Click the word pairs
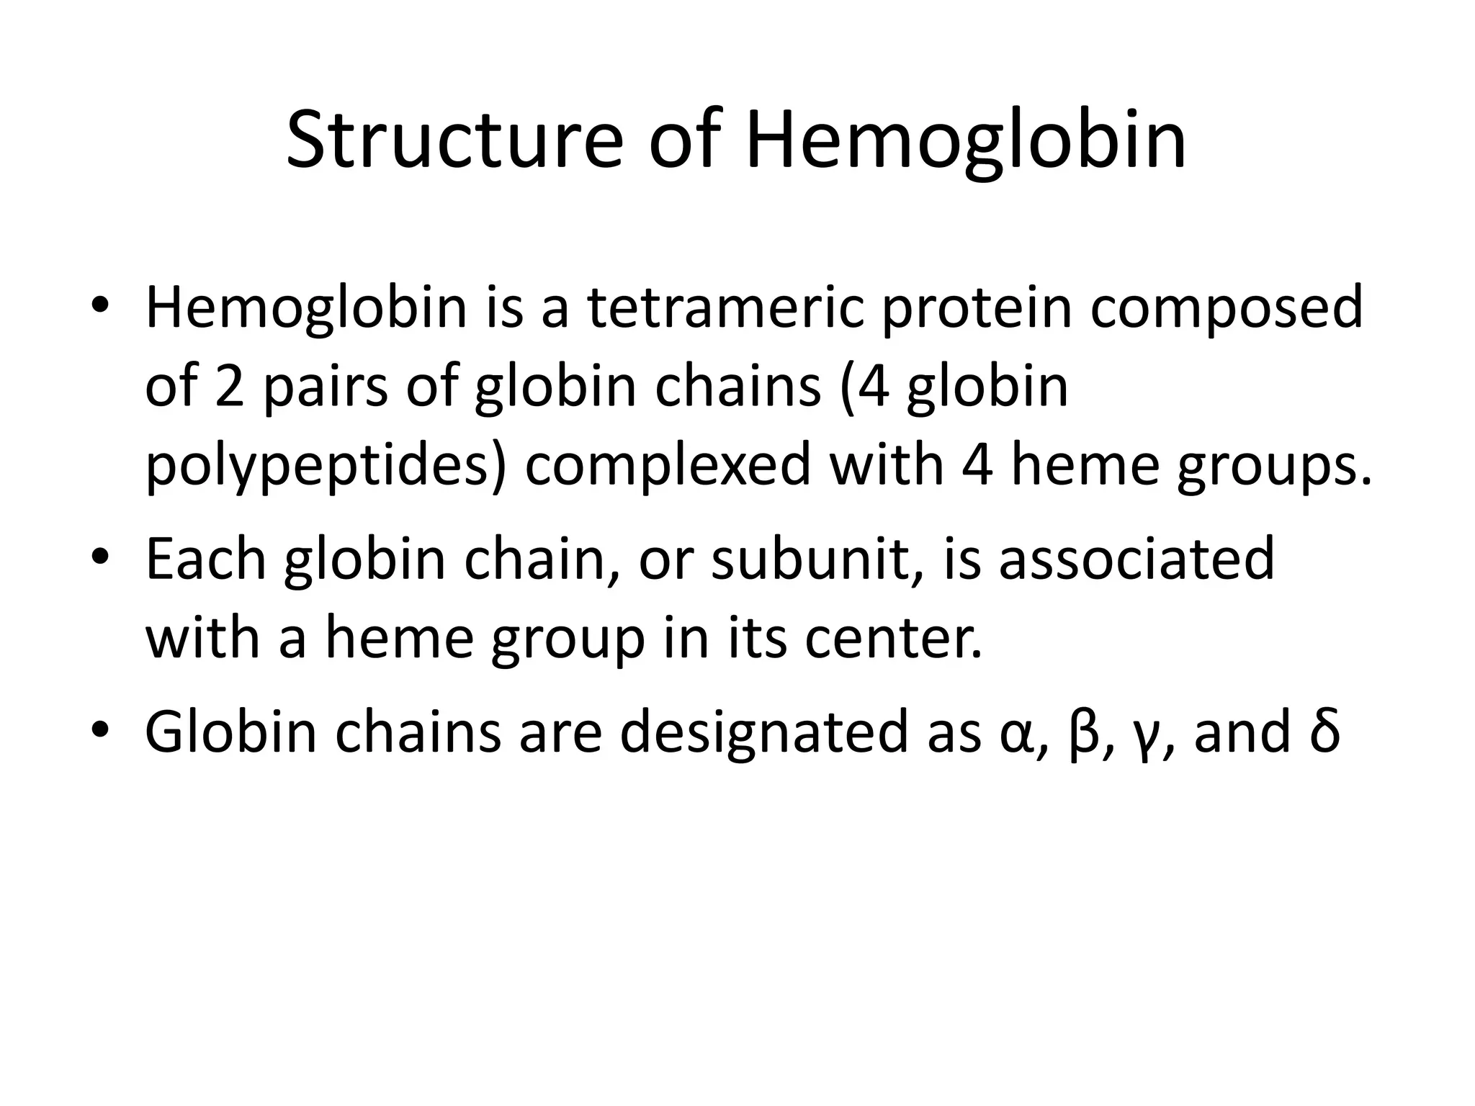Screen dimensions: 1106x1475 click(325, 387)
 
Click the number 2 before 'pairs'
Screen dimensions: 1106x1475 click(230, 387)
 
